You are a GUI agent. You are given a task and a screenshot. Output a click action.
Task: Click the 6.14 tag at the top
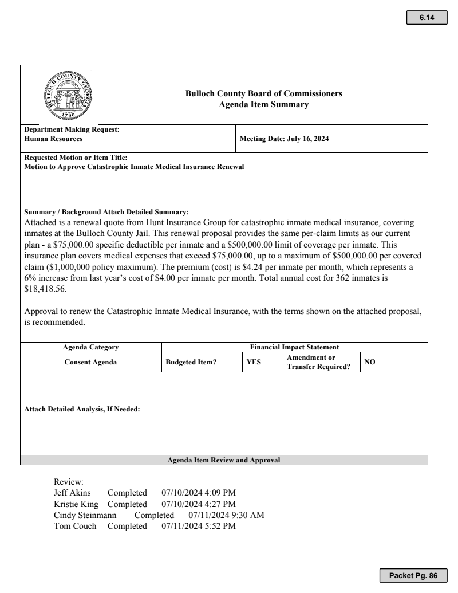[426, 18]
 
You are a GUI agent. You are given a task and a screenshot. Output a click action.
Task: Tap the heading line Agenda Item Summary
[264, 104]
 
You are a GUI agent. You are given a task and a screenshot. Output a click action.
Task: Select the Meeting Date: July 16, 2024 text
[284, 139]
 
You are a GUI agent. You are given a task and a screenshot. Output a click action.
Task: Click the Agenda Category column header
[90, 347]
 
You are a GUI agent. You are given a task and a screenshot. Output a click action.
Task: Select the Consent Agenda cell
[90, 362]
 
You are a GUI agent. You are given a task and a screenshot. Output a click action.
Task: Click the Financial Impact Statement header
[294, 347]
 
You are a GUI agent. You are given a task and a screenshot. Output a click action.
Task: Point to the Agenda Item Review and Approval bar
[224, 460]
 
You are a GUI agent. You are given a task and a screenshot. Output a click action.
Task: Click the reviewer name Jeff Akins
[72, 493]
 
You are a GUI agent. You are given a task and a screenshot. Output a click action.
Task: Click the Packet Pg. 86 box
[412, 575]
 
